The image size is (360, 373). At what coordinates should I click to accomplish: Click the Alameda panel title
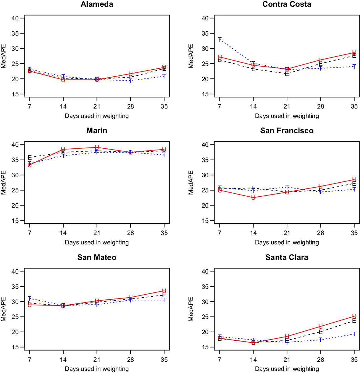coord(97,4)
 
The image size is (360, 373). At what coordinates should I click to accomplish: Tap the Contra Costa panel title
coord(287,4)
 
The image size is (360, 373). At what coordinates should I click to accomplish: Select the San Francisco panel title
coord(287,131)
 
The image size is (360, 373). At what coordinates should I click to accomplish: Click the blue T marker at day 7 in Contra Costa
coord(220,39)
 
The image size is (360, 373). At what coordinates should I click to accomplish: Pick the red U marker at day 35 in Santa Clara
coord(354,316)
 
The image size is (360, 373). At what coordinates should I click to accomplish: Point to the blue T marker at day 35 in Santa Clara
coord(354,334)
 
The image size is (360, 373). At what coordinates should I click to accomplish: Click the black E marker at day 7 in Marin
coord(30,157)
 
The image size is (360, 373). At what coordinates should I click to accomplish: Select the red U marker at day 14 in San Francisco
coord(253,198)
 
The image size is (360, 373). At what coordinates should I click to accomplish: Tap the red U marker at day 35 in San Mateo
coord(164,291)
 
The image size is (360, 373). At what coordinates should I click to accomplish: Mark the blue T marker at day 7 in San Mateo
coord(30,298)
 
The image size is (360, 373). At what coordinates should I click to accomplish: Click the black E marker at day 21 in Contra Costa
coord(287,74)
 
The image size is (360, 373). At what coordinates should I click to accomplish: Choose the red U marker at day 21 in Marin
coord(97,147)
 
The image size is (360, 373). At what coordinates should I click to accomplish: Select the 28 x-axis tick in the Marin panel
coord(130,233)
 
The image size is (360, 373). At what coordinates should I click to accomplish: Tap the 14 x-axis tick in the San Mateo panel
coord(63,360)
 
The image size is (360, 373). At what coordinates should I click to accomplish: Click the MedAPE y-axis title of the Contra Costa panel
coord(191,56)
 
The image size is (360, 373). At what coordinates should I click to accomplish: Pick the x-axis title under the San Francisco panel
coord(287,242)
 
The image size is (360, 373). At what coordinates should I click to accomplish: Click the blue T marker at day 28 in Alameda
coord(130,81)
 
